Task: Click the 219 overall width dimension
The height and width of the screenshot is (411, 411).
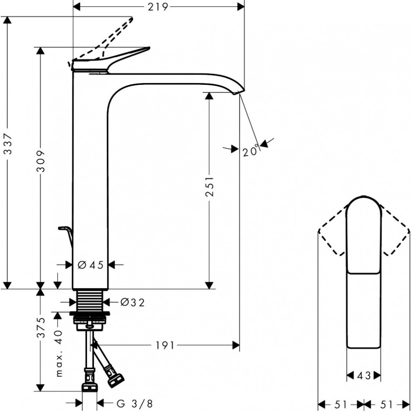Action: pyautogui.click(x=158, y=7)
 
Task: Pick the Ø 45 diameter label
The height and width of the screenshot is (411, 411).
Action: pyautogui.click(x=90, y=265)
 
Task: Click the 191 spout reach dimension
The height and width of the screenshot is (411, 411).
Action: pyautogui.click(x=165, y=345)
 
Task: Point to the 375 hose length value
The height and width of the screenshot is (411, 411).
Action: pyautogui.click(x=41, y=327)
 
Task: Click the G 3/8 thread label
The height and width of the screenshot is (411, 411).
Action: pyautogui.click(x=134, y=403)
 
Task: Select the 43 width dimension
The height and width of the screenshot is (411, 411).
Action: pyautogui.click(x=363, y=375)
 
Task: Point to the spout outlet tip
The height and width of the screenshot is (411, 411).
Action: pyautogui.click(x=239, y=92)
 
